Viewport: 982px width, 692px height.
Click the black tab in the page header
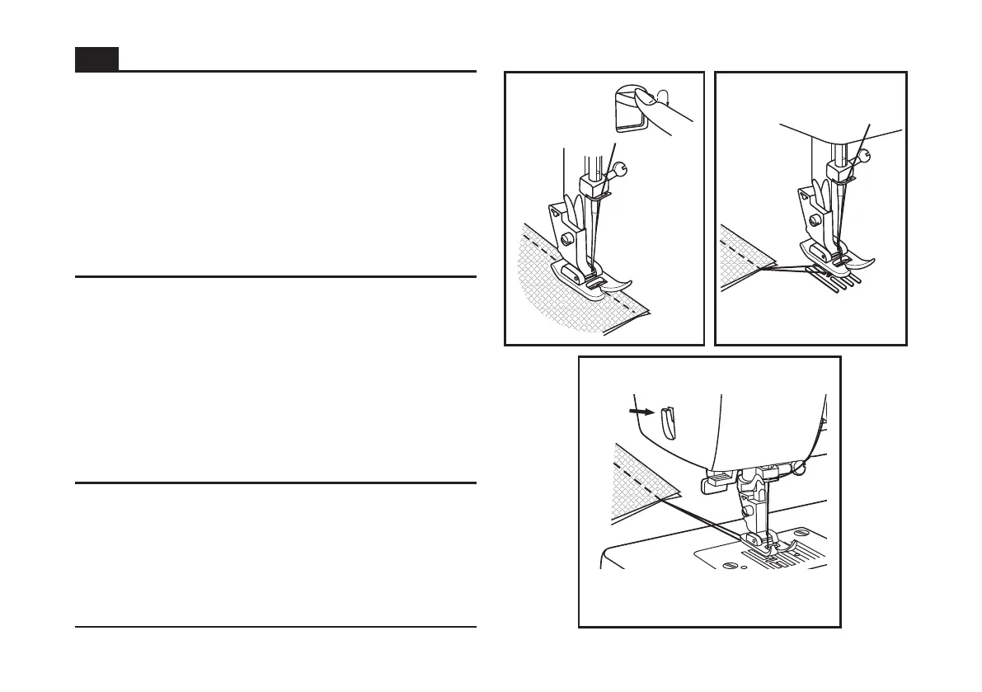[96, 59]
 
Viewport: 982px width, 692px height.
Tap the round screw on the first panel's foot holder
[566, 238]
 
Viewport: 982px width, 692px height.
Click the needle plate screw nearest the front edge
[728, 567]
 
